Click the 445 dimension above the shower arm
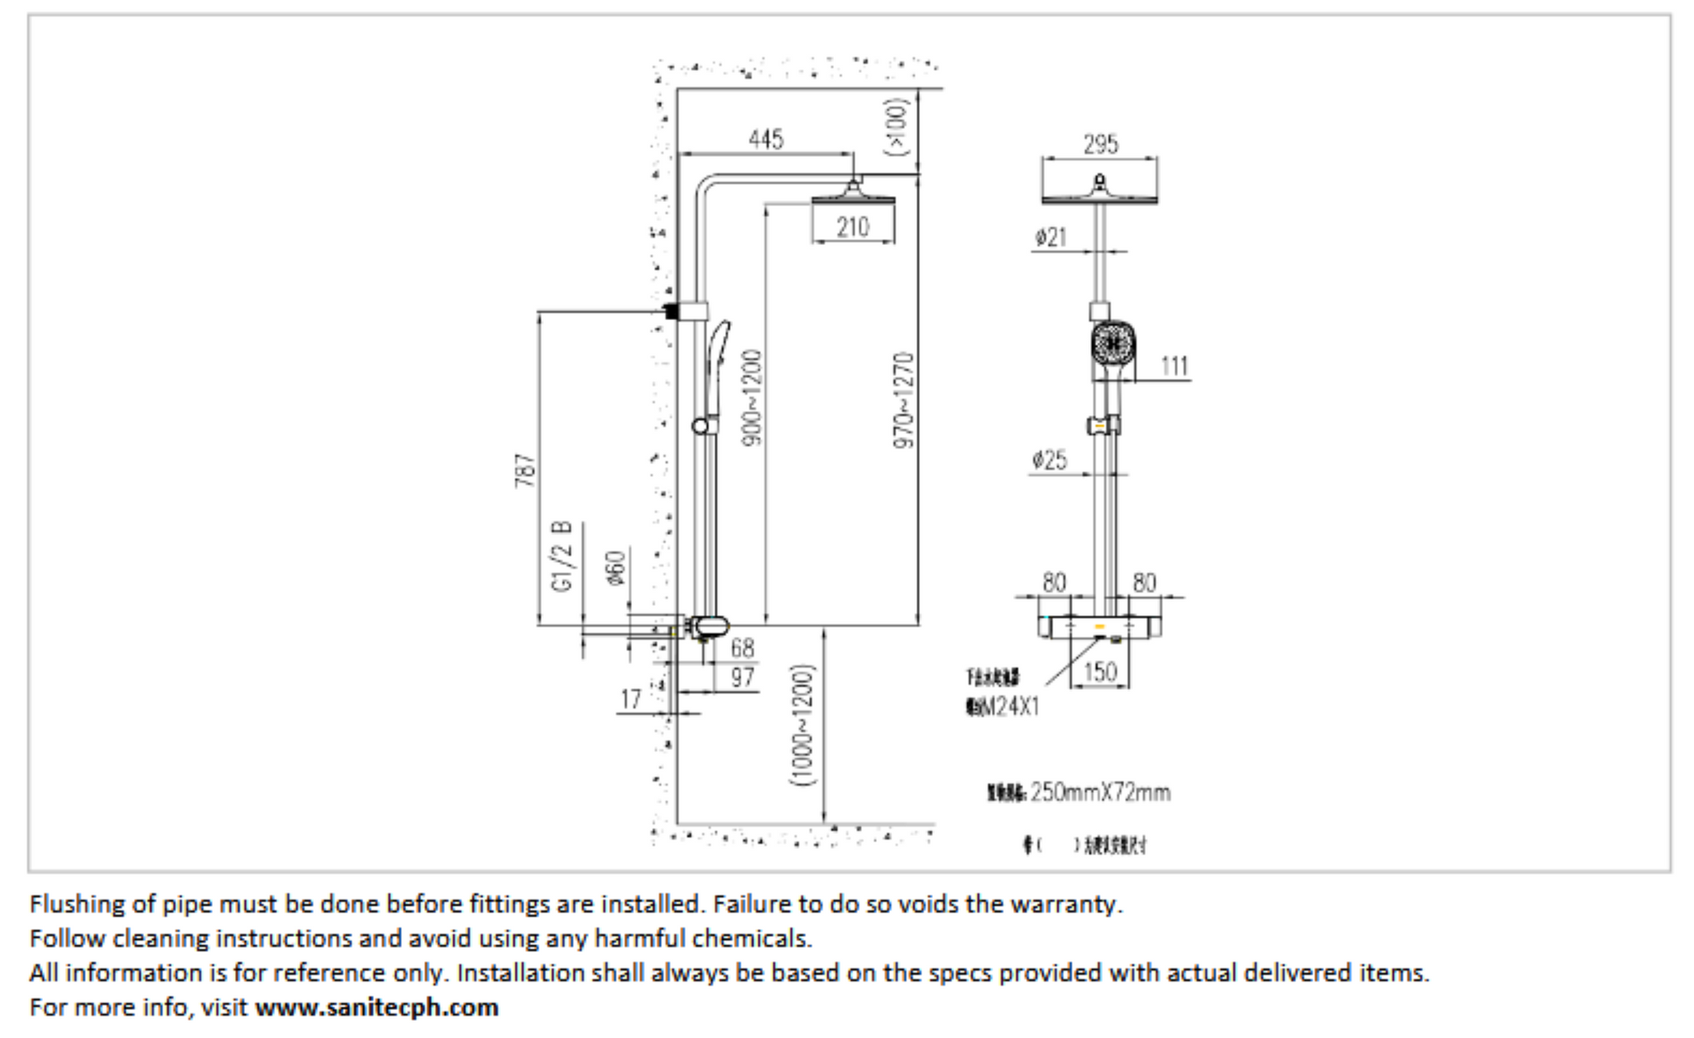coord(765,139)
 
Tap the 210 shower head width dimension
coord(853,227)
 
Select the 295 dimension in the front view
coord(1101,145)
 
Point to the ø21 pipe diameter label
coord(1050,238)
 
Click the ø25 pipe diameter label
coord(1050,460)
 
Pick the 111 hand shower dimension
coord(1175,366)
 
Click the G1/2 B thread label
coord(562,556)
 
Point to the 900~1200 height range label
coord(752,397)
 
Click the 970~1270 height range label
coord(904,400)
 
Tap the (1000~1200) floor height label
coord(803,725)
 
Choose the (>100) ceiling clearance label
coord(897,127)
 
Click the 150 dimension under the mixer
coord(1100,672)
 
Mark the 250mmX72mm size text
coord(1100,792)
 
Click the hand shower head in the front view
coord(1112,342)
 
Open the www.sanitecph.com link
coord(376,1007)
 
